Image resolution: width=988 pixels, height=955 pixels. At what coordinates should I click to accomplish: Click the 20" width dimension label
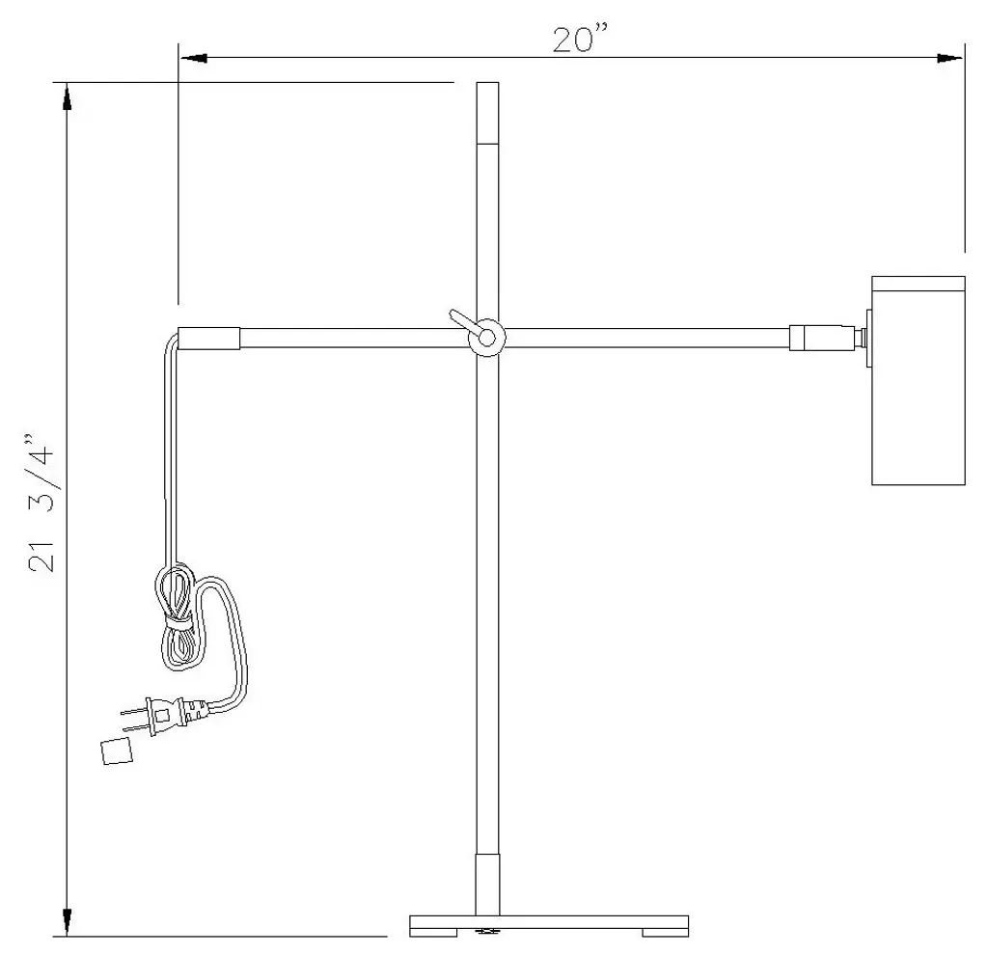click(x=580, y=39)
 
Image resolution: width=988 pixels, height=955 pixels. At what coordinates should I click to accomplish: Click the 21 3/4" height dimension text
click(x=41, y=502)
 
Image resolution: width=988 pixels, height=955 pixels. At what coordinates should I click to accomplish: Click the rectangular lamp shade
click(x=919, y=380)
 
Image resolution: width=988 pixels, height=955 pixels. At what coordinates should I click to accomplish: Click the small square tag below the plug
click(x=117, y=750)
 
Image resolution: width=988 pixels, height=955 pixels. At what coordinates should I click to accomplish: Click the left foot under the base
click(x=433, y=932)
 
